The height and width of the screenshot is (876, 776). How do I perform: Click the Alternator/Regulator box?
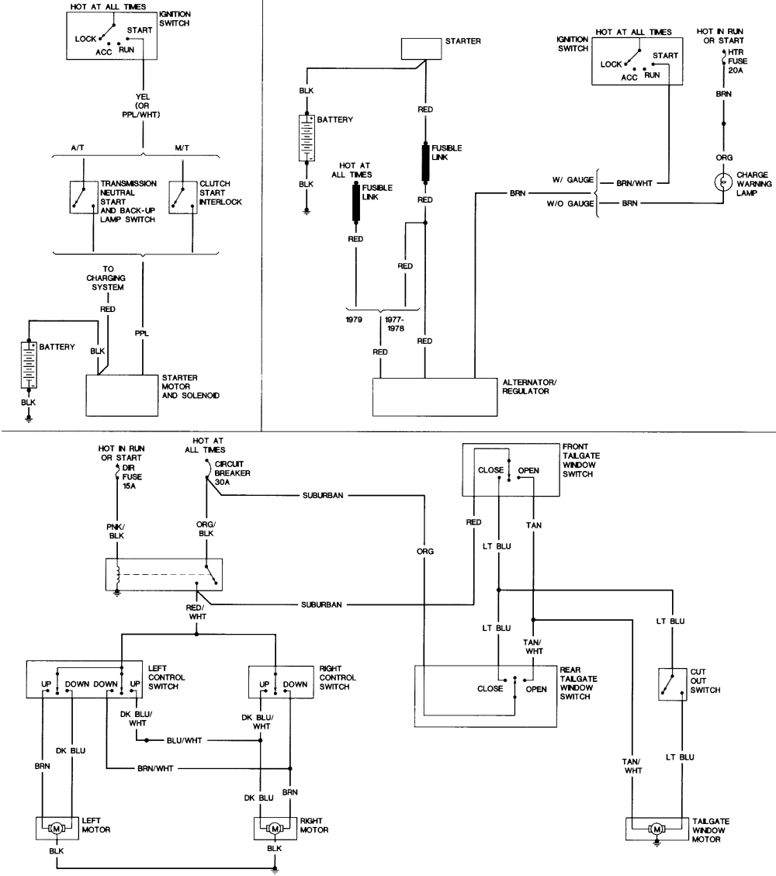pos(435,397)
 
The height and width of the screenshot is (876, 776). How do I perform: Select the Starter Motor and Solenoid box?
pos(122,395)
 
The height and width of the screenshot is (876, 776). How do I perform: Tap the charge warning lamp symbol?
pos(723,182)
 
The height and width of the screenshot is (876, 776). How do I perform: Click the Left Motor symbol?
pos(57,829)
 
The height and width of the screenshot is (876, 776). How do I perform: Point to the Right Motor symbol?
pos(274,829)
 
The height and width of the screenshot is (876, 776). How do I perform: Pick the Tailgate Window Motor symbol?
pos(656,829)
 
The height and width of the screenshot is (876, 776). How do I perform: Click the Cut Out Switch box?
pos(672,684)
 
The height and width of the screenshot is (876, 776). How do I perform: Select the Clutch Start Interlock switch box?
pos(183,197)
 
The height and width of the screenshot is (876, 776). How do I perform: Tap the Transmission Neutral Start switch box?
pos(84,197)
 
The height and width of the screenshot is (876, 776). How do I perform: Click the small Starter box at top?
pos(422,49)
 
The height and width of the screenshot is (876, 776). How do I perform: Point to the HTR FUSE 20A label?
pos(737,61)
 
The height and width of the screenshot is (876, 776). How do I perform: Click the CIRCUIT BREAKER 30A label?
pos(232,473)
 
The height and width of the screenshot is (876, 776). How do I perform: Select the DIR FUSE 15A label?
pos(132,476)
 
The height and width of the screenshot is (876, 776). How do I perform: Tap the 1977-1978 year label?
pos(394,324)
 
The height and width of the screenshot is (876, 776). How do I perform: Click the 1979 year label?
pos(354,320)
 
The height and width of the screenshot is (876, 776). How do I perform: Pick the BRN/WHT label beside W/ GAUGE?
pos(634,182)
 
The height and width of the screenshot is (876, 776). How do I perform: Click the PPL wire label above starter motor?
pos(142,334)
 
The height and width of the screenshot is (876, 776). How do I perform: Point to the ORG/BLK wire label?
pos(206,528)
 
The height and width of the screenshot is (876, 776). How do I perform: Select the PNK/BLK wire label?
pos(116,531)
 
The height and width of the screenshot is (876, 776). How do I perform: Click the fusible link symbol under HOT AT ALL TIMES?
pos(356,203)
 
